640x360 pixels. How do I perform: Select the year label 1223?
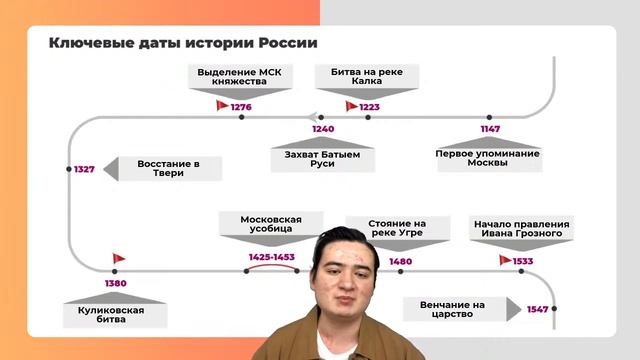(x=371, y=106)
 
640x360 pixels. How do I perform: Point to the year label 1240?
(x=323, y=129)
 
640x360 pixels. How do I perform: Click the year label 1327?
(x=84, y=169)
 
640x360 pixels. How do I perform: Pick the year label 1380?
(x=115, y=283)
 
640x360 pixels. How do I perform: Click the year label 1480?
(x=400, y=261)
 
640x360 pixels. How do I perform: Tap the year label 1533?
(x=523, y=261)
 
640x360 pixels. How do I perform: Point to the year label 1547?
(x=537, y=309)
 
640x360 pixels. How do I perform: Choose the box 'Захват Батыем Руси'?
(x=322, y=158)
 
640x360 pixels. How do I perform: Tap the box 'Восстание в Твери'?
(x=168, y=169)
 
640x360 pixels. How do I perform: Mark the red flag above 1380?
(x=119, y=259)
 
